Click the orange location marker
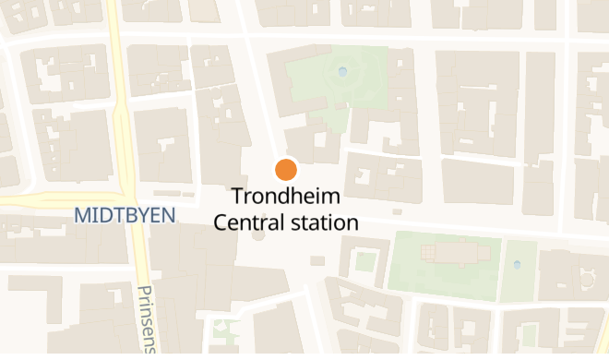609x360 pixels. click(x=285, y=170)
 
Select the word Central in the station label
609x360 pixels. click(x=246, y=222)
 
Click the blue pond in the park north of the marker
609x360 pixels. click(x=343, y=71)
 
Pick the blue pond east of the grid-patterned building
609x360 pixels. click(x=517, y=266)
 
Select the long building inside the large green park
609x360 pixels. click(x=460, y=252)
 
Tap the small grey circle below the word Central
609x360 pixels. click(x=257, y=235)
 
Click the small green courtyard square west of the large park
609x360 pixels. click(x=365, y=261)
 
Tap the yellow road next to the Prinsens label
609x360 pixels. click(x=137, y=277)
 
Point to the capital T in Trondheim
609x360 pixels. click(x=238, y=197)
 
